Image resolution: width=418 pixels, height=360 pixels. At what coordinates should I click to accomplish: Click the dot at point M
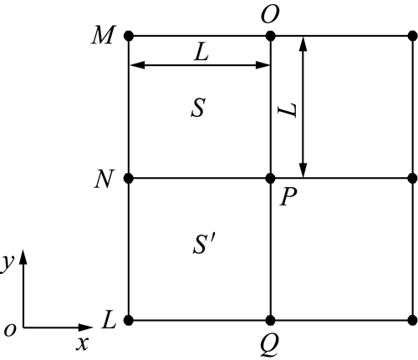pyautogui.click(x=129, y=36)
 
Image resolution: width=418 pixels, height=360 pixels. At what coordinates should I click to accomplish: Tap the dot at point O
pyautogui.click(x=270, y=36)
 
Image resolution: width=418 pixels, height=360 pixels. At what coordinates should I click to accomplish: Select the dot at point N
pyautogui.click(x=129, y=178)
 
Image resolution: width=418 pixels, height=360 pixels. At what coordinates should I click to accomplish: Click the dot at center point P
pyautogui.click(x=270, y=178)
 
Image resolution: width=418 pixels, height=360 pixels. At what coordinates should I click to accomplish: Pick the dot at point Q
pyautogui.click(x=270, y=320)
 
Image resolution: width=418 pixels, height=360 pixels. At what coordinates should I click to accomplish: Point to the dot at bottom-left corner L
pyautogui.click(x=129, y=320)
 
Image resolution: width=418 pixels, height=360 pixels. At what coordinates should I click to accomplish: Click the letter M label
pyautogui.click(x=103, y=35)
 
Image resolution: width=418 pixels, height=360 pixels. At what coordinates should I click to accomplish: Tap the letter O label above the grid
pyautogui.click(x=270, y=15)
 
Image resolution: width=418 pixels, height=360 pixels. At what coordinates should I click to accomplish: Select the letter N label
pyautogui.click(x=104, y=179)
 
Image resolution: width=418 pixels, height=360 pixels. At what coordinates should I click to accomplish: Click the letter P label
pyautogui.click(x=288, y=196)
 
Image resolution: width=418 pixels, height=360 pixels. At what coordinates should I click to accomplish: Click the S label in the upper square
pyautogui.click(x=198, y=108)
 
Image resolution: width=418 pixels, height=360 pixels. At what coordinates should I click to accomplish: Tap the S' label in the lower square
pyautogui.click(x=203, y=244)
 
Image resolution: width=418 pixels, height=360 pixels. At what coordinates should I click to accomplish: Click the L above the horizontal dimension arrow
pyautogui.click(x=201, y=53)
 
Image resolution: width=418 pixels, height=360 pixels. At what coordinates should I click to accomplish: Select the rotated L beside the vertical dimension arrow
pyautogui.click(x=288, y=110)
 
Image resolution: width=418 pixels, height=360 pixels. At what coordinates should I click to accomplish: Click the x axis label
pyautogui.click(x=83, y=343)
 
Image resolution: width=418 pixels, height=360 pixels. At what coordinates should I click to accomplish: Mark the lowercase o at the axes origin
pyautogui.click(x=10, y=330)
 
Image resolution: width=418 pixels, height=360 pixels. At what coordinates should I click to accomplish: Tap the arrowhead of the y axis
pyautogui.click(x=23, y=256)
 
